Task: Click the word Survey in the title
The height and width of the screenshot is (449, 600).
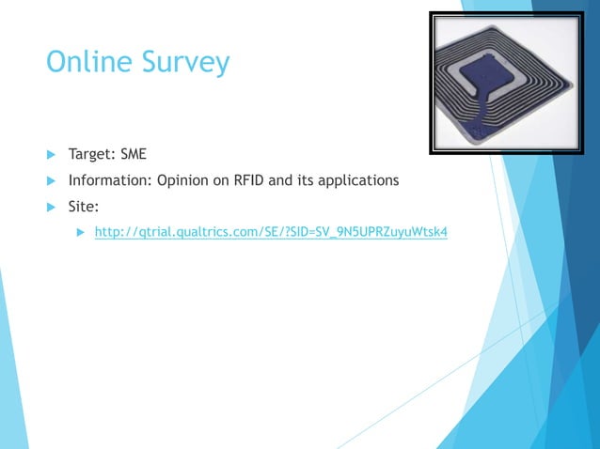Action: coord(186,64)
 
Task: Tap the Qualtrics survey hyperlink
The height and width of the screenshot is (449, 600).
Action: coord(271,232)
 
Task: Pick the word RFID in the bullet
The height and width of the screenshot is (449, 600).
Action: coord(247,179)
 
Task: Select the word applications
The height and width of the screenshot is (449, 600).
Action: coord(357,180)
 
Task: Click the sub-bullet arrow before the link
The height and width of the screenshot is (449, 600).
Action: coord(81,232)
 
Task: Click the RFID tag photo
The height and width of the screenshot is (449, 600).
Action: coord(506,83)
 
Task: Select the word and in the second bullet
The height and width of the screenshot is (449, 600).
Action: coord(280,179)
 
